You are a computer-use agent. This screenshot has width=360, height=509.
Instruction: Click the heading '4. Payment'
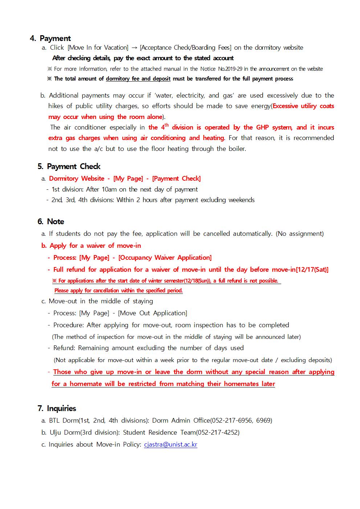[50, 38]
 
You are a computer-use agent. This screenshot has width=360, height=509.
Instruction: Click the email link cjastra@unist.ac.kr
[171, 444]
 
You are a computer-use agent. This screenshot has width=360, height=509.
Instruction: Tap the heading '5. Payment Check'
[69, 167]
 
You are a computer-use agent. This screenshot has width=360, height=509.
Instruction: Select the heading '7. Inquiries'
[57, 409]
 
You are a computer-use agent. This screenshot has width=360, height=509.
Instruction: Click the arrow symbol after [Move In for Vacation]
[134, 48]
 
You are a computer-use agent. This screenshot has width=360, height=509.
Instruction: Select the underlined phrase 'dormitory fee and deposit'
[138, 79]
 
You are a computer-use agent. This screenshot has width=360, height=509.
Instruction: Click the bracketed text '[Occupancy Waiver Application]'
[165, 258]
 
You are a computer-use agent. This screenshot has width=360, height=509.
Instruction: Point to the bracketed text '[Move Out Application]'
[152, 313]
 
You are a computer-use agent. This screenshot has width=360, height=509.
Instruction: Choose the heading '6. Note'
[51, 222]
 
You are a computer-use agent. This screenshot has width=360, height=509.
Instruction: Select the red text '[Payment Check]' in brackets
[176, 178]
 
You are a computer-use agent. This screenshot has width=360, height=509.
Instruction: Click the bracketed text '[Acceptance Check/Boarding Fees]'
[185, 48]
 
